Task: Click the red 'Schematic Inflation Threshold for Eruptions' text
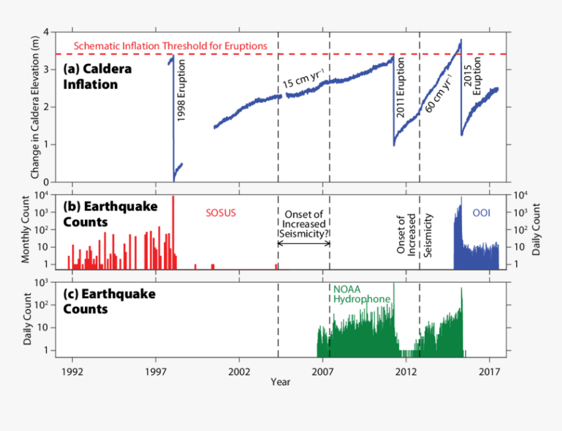pyautogui.click(x=171, y=46)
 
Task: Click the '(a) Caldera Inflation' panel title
pyautogui.click(x=97, y=76)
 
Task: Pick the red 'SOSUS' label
pyautogui.click(x=220, y=213)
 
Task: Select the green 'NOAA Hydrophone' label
pyautogui.click(x=362, y=294)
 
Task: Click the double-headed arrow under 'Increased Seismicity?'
pyautogui.click(x=304, y=243)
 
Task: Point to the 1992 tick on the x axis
pyautogui.click(x=72, y=371)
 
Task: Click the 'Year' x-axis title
pyautogui.click(x=281, y=381)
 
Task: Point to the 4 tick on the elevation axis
pyautogui.click(x=46, y=32)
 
